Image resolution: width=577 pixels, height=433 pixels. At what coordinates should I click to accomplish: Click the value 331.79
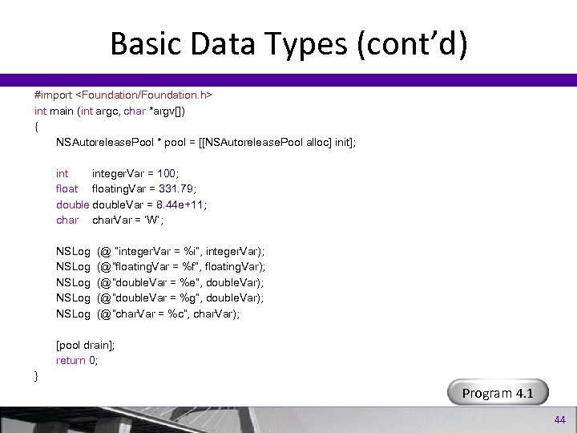coord(186,188)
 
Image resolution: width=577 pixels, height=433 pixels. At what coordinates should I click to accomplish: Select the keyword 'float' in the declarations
coord(67,188)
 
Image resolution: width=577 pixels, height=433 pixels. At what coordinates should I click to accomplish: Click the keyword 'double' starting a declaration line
coord(71,204)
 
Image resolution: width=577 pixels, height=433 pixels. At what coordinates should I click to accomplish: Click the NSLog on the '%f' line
coord(73,267)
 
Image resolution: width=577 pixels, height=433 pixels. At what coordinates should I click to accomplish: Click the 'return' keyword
coord(71,360)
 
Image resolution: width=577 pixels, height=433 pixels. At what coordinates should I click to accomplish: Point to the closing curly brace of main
coord(36,375)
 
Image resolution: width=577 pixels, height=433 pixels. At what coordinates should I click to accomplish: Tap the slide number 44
coord(559,419)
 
